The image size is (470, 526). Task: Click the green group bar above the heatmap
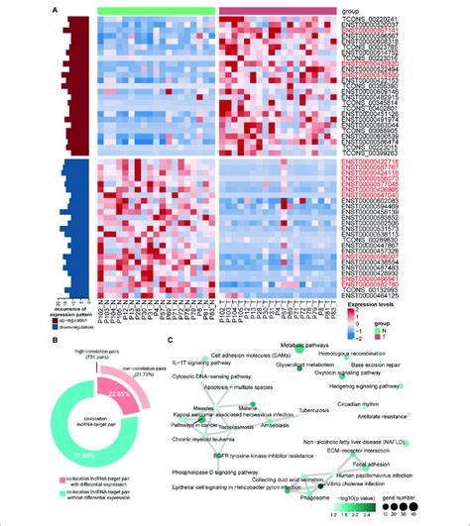(158, 9)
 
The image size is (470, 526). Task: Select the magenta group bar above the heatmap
(279, 9)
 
